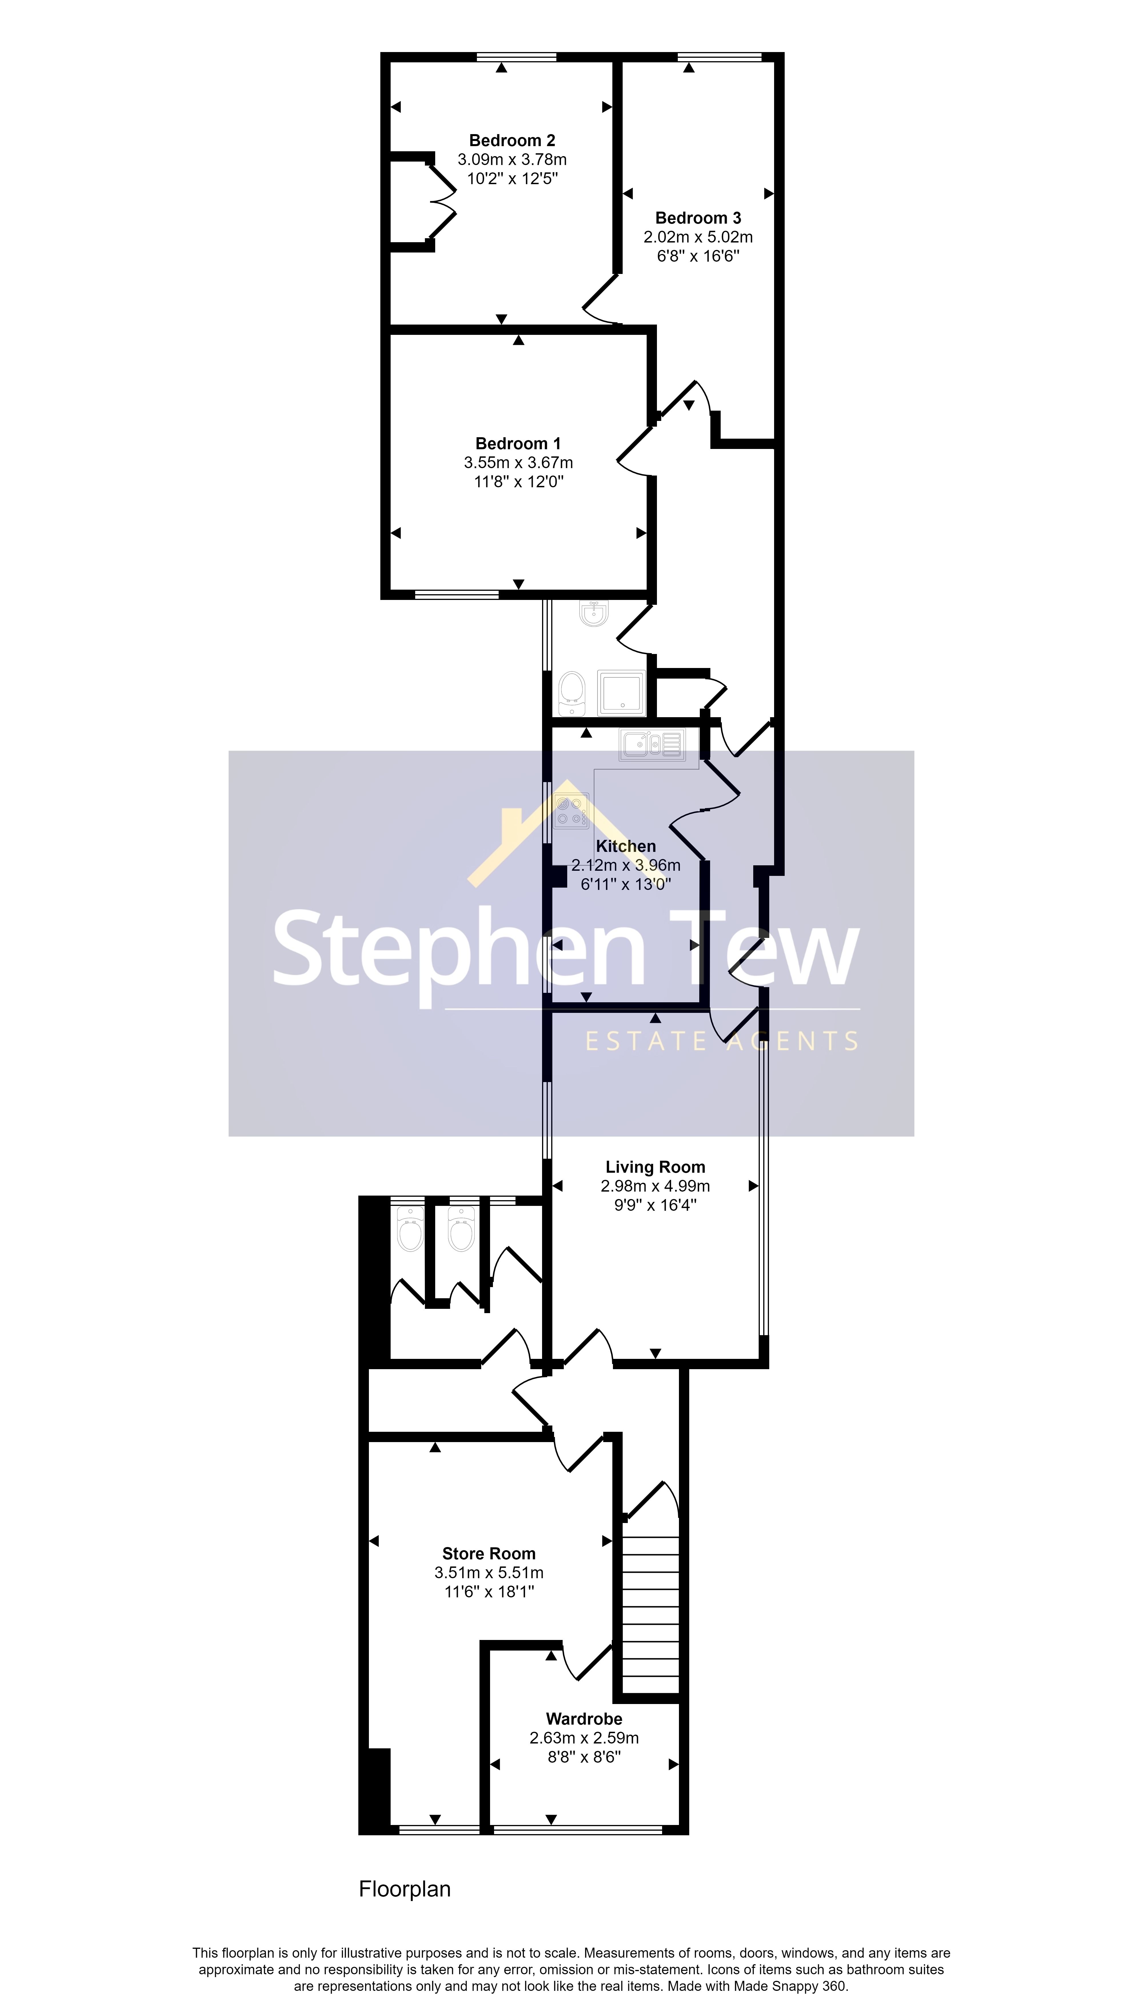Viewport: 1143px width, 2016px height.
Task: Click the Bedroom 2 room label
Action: click(512, 141)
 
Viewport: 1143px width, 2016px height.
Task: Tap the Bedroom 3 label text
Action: click(698, 218)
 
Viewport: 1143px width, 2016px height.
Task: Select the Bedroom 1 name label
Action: click(518, 444)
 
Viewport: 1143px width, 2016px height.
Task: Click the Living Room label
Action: click(656, 1167)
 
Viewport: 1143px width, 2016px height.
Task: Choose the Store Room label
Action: click(488, 1553)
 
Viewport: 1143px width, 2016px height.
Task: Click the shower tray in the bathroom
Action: click(621, 692)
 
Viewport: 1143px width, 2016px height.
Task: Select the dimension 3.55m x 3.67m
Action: click(518, 463)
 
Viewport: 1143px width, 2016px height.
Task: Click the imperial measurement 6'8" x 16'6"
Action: click(698, 256)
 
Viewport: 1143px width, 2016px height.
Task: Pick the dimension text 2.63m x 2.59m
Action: click(584, 1738)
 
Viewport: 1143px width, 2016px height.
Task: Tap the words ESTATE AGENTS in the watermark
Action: click(722, 1041)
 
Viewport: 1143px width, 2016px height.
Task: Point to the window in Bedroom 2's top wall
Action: click(517, 57)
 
